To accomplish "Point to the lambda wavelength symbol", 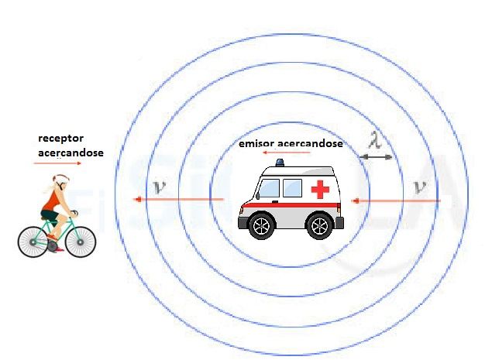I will coord(376,142).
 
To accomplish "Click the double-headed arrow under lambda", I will coord(377,157).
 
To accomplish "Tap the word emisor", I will coord(256,144).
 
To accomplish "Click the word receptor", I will coord(61,139).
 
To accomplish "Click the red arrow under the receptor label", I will coord(50,163).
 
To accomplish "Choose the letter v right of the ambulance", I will coord(421,187).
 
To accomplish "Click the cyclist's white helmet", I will coord(60,180).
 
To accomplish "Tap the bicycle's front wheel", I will coord(81,241).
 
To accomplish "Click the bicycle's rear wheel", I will coord(33,241).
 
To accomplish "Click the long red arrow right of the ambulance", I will coord(395,201).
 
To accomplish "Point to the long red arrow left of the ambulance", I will coord(178,201).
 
